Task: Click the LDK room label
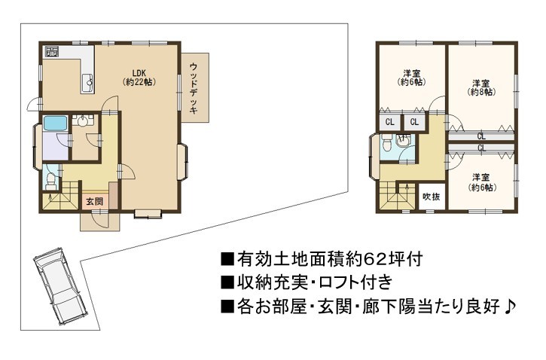139,78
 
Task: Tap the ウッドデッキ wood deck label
194,88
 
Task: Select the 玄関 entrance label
95,201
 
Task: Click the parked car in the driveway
59,286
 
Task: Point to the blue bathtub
55,124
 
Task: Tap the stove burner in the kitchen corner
52,52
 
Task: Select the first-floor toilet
51,181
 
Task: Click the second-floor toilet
386,142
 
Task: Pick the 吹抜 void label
432,197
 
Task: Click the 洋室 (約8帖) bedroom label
481,87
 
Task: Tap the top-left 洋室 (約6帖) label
412,78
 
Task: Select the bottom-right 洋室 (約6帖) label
481,182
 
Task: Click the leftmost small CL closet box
389,122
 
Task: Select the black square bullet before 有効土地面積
227,260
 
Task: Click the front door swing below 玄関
97,221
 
